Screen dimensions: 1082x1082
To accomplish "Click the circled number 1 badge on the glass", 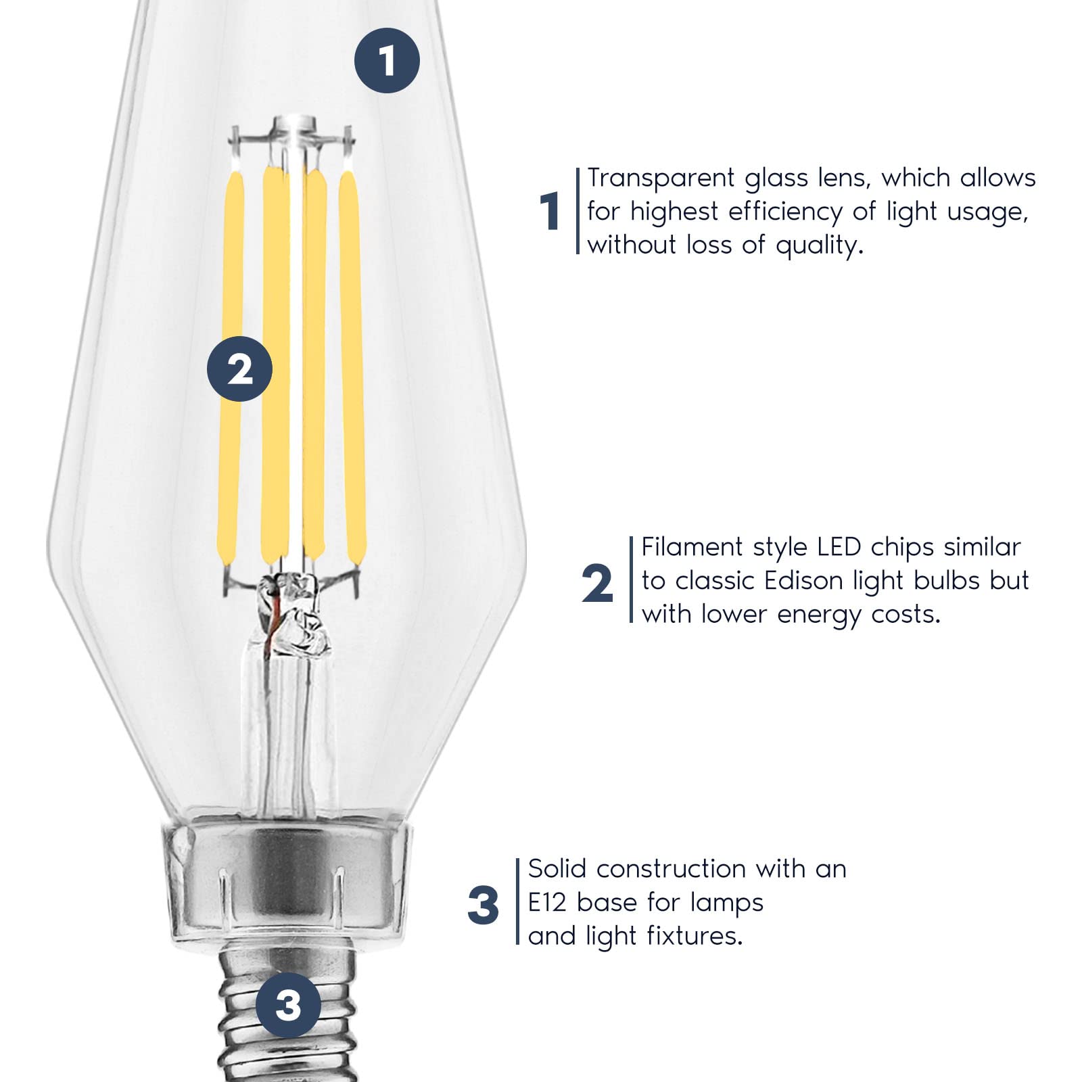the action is [x=387, y=61].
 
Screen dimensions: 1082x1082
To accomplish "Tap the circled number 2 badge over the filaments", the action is [x=239, y=369].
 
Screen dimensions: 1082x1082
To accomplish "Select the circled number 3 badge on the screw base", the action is [x=289, y=1005].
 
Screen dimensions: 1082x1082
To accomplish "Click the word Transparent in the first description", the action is [x=660, y=178].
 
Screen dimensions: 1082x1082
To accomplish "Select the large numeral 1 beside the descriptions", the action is [x=550, y=211].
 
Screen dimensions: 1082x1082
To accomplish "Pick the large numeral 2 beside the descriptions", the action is [x=597, y=584].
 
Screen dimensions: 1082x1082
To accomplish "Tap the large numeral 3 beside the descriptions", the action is [x=483, y=905].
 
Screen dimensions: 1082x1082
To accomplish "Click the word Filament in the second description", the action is [x=692, y=546].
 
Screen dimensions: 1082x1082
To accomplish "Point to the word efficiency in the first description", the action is [x=784, y=212].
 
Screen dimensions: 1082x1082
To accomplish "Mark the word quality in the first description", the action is [x=820, y=245].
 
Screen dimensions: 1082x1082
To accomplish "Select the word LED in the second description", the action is [x=839, y=546].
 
